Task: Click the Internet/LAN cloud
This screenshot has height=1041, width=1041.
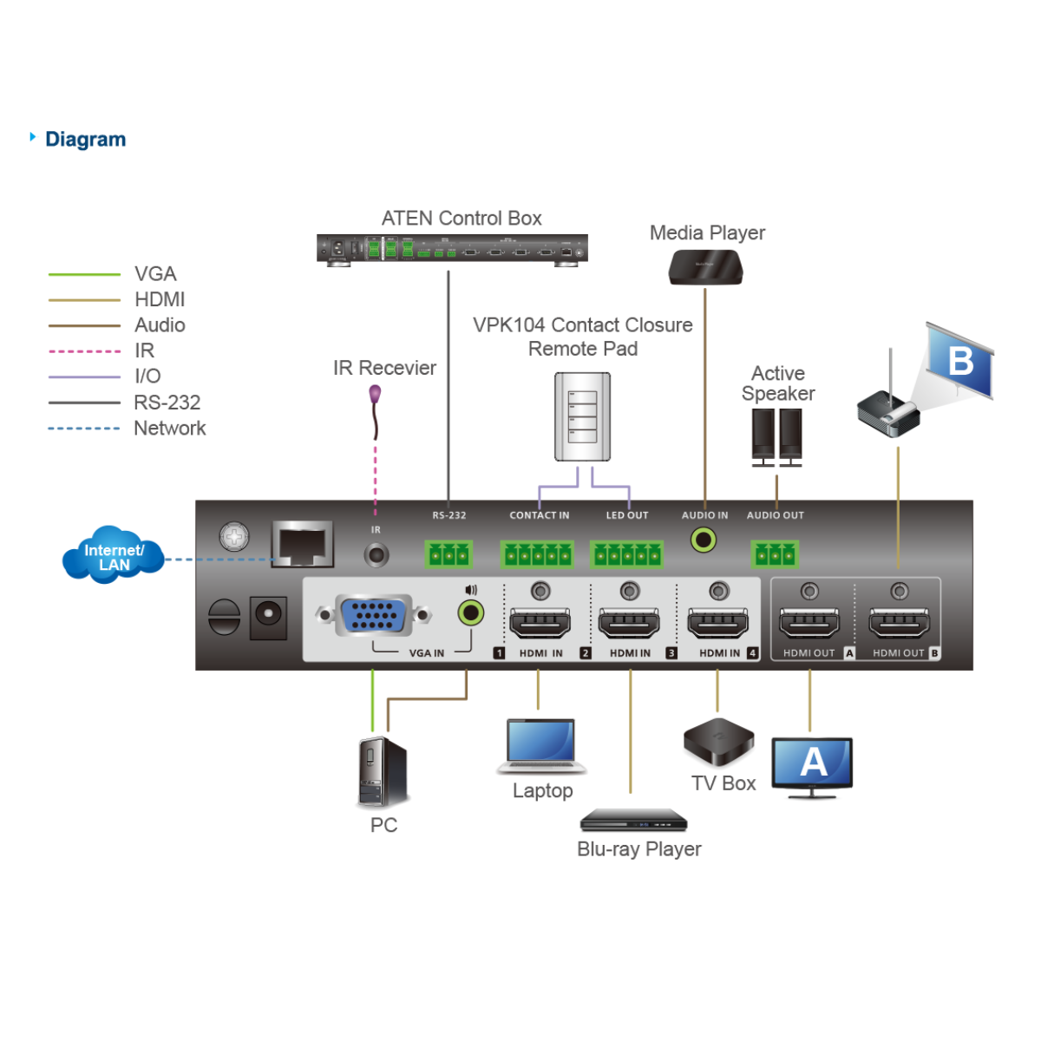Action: pos(114,555)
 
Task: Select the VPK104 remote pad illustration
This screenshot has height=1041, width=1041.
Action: pos(583,417)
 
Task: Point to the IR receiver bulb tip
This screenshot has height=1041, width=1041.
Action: pos(376,395)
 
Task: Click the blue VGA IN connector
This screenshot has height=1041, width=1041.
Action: pos(374,615)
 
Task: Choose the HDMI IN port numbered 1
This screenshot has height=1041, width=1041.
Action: pos(540,622)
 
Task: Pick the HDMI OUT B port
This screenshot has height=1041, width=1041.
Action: pos(899,622)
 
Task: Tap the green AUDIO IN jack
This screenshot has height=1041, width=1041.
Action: pos(704,540)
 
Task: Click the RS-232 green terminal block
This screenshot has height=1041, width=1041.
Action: pos(448,553)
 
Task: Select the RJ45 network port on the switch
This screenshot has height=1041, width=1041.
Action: pos(302,545)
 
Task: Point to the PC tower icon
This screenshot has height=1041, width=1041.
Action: pos(383,771)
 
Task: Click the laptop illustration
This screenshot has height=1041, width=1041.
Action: pos(541,746)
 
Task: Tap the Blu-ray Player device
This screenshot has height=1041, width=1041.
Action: pos(633,820)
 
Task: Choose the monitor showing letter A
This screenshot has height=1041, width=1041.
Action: pos(812,765)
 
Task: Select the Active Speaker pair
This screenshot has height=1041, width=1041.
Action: pos(776,436)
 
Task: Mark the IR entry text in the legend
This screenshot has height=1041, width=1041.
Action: pos(144,350)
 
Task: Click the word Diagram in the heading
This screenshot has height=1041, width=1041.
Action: pos(85,139)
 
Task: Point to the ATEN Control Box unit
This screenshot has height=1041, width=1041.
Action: pos(452,249)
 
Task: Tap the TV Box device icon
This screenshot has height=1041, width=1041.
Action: pos(718,742)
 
